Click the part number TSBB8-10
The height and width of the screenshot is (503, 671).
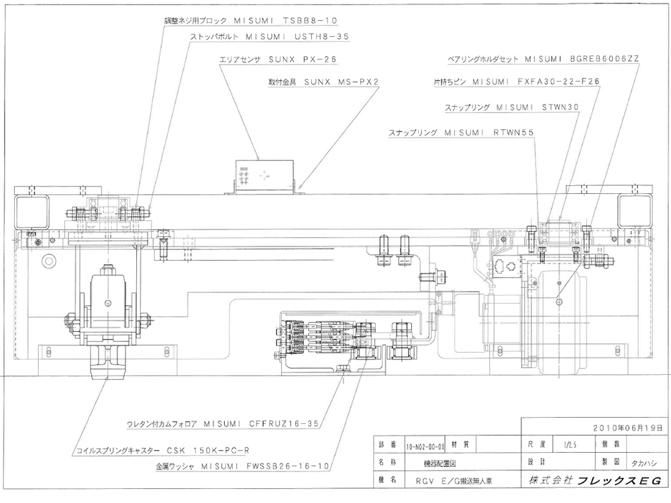tap(310, 20)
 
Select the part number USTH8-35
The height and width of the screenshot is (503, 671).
tap(322, 37)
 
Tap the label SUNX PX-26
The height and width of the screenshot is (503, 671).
tap(303, 60)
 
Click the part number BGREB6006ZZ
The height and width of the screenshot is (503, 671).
tap(605, 59)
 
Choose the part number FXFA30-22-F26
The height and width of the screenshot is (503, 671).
tap(558, 81)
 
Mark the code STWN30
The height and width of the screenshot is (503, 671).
tap(560, 107)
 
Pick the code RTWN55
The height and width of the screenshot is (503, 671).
tap(514, 133)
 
